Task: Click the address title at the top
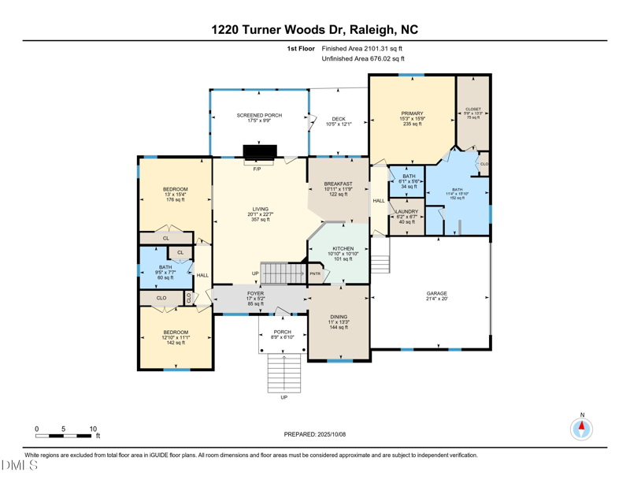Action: pos(315,30)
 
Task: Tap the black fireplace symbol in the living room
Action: pos(259,151)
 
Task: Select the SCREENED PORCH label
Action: pos(259,116)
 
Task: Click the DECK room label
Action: pos(338,119)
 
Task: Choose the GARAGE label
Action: pos(436,293)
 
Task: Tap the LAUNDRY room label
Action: pos(406,212)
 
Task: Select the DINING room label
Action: pos(338,317)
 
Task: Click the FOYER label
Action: pos(255,293)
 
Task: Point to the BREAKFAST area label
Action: pos(338,184)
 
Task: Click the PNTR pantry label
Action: pos(315,273)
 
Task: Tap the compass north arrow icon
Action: pos(582,429)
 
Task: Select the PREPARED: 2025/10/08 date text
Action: pos(314,434)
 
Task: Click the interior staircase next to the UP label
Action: pos(283,273)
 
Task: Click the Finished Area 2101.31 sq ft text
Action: pos(362,49)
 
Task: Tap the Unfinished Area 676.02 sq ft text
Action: pos(363,59)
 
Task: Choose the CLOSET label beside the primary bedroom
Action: pos(472,110)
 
